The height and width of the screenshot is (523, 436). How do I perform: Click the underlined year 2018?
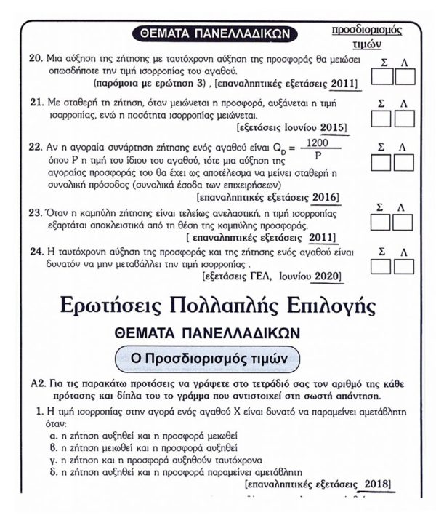coord(374,483)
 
